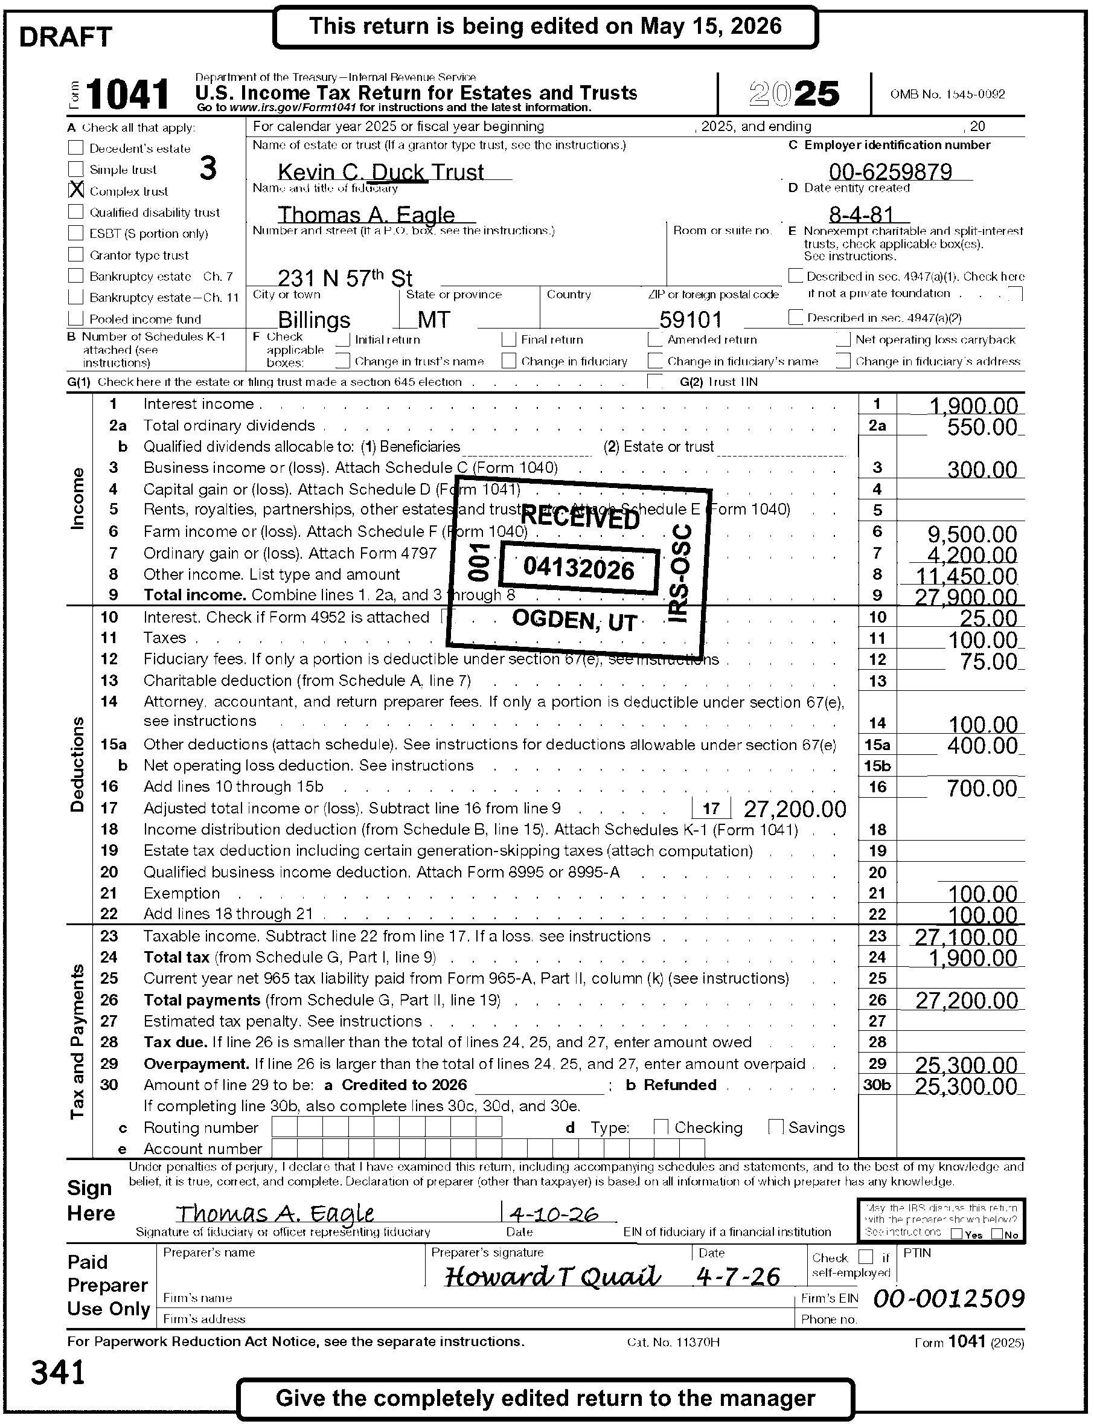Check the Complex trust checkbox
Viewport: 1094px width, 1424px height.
click(x=76, y=190)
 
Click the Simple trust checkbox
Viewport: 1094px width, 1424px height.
click(x=76, y=169)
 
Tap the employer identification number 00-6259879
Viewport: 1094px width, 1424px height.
click(x=890, y=172)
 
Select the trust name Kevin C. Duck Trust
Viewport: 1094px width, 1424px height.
click(x=380, y=172)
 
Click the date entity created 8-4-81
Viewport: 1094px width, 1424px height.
click(x=861, y=214)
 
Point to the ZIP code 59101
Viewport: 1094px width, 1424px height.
click(x=690, y=319)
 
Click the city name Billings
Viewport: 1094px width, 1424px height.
click(x=314, y=319)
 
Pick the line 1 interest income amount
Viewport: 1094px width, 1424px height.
click(x=973, y=406)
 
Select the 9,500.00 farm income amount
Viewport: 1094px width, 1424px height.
click(x=971, y=534)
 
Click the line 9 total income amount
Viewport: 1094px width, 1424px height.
click(x=966, y=597)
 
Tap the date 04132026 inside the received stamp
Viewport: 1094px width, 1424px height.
click(x=578, y=569)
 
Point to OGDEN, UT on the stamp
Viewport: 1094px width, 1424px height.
click(x=574, y=620)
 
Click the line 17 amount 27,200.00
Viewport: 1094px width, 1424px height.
click(x=795, y=809)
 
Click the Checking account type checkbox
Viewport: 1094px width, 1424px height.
click(x=661, y=1127)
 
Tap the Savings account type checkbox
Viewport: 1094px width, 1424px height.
click(x=775, y=1127)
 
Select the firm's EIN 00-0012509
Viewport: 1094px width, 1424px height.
click(x=948, y=1298)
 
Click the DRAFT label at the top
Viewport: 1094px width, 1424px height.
click(x=66, y=37)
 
